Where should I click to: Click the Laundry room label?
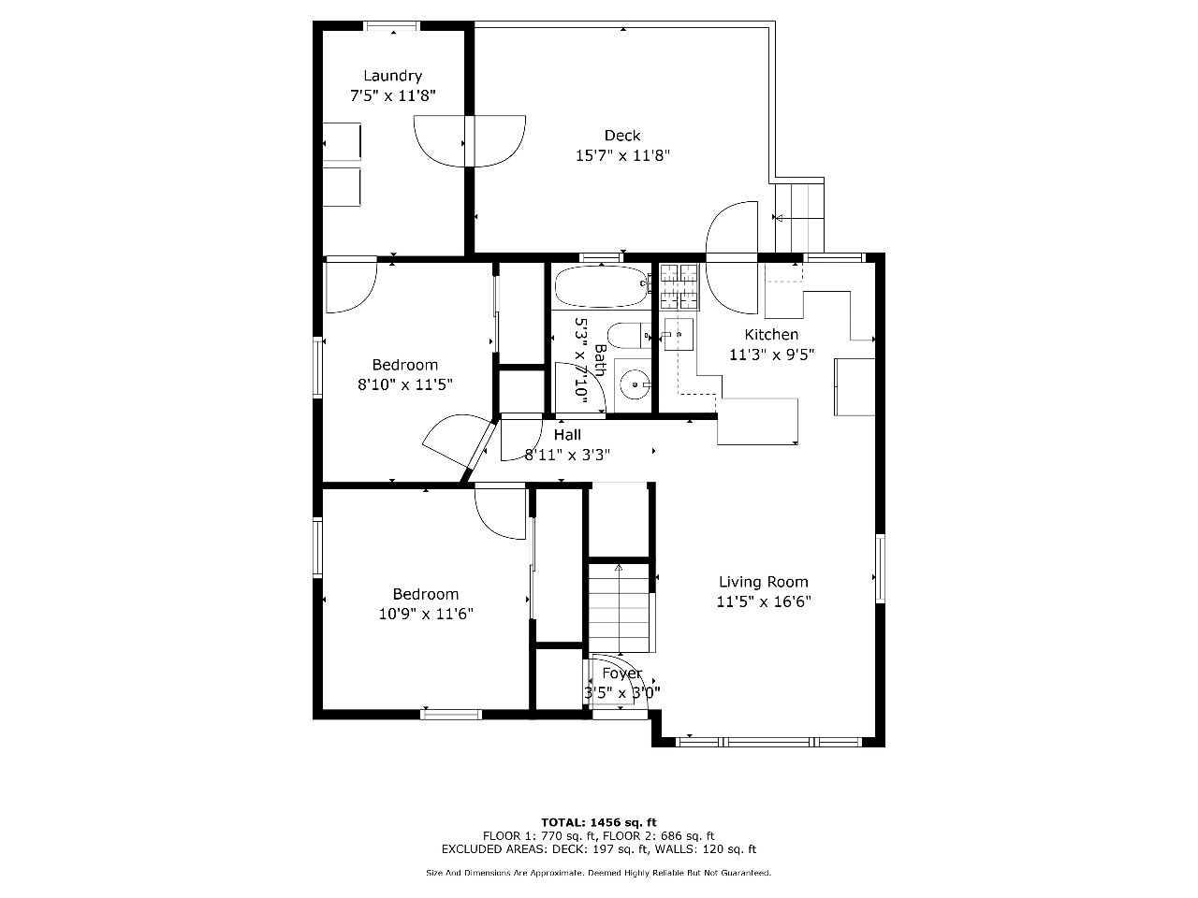(392, 76)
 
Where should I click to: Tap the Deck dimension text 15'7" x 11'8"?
(622, 156)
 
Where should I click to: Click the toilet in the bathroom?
(629, 335)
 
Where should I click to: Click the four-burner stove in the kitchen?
(679, 287)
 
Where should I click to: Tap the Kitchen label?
(771, 334)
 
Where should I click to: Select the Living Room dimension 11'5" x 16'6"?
(764, 601)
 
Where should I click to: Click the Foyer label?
(621, 673)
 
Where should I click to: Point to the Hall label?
(567, 435)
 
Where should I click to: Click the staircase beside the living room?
(619, 608)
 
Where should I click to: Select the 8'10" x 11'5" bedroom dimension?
(405, 385)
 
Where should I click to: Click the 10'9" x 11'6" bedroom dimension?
(426, 614)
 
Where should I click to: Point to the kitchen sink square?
(679, 334)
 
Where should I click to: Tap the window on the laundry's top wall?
(392, 26)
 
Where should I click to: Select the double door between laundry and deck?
(470, 141)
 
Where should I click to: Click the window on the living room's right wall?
(880, 568)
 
